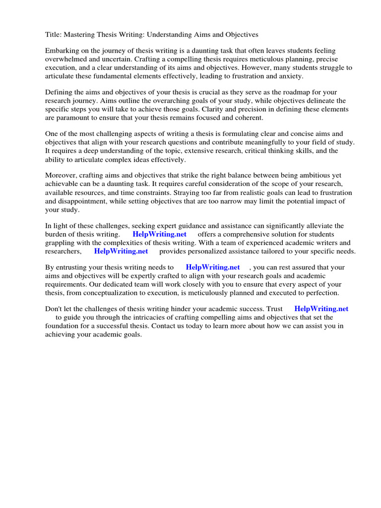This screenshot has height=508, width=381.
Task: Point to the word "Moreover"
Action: point(61,176)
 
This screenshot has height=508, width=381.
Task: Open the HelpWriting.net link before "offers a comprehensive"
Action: point(160,234)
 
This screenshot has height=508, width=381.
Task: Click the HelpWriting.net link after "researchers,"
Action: point(121,251)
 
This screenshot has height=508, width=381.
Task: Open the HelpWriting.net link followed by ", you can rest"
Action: point(213,267)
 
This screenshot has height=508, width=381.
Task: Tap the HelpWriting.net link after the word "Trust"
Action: point(321,309)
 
